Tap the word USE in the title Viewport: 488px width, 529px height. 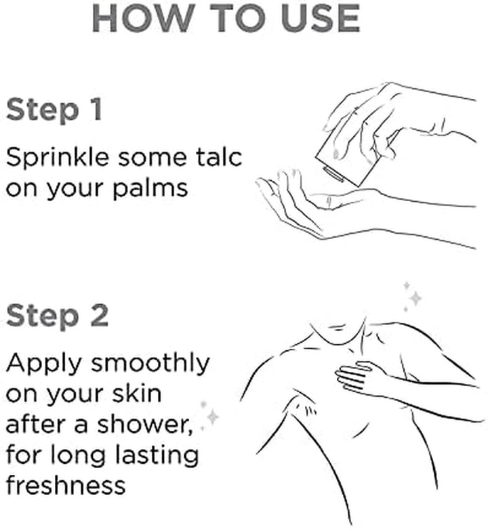[x=321, y=18]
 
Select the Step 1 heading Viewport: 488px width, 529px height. [x=54, y=110]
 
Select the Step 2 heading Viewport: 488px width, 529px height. [x=58, y=316]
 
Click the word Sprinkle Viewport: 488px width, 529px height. [x=58, y=158]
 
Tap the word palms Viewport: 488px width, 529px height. [x=150, y=188]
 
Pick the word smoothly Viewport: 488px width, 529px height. [x=150, y=364]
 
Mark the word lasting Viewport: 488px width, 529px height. [x=157, y=454]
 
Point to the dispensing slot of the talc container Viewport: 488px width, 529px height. [x=333, y=173]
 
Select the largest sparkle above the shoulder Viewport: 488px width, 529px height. [x=415, y=298]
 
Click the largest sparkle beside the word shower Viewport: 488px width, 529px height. [x=213, y=417]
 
